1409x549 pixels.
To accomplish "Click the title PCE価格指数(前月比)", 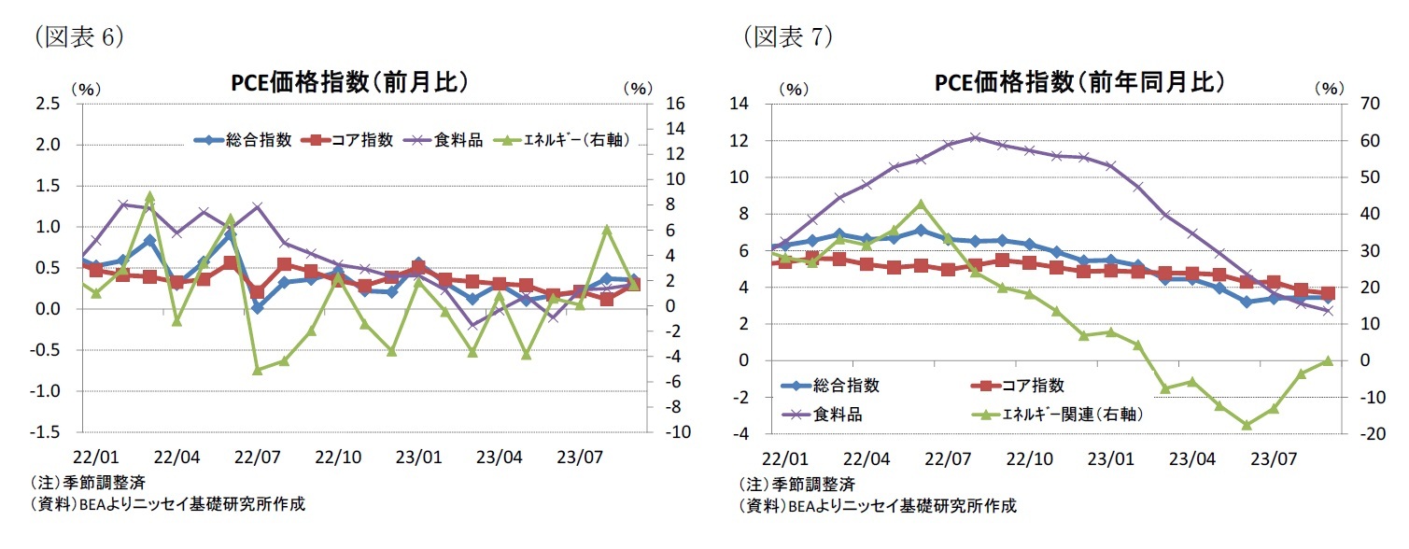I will (x=349, y=83).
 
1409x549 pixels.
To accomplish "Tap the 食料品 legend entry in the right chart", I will (x=831, y=413).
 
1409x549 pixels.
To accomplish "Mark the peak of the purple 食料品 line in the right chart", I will (x=974, y=137).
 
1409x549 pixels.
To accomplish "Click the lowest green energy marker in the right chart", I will (x=1246, y=425).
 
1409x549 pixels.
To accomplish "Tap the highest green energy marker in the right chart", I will (x=921, y=204).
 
